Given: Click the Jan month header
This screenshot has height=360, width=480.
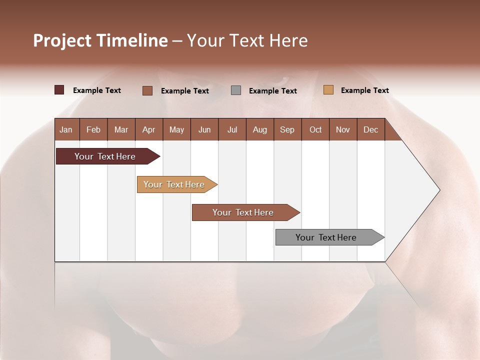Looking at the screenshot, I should pos(66,129).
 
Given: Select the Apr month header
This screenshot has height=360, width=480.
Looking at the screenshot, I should pos(148,129).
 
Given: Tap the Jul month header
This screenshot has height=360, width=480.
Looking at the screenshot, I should pos(232,129).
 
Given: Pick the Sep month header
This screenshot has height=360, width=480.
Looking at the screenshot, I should pos(287,129).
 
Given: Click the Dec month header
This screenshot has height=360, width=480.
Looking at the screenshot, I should pos(370,129).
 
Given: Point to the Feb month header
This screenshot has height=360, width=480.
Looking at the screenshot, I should pos(93,129).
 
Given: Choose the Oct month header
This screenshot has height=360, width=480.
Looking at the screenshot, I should pos(315,129).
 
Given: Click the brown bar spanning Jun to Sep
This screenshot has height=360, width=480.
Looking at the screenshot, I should pos(243,212).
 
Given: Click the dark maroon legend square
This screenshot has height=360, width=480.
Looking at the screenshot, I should pos(59,90).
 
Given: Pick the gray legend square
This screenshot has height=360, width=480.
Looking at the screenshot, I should pos(236,90).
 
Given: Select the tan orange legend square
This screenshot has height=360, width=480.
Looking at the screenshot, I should pos(328,90).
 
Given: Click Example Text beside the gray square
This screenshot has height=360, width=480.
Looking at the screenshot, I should pos(272,91).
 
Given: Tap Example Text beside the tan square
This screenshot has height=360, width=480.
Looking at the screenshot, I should pos(364,90).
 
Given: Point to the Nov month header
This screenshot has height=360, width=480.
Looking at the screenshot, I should pos(342,129).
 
